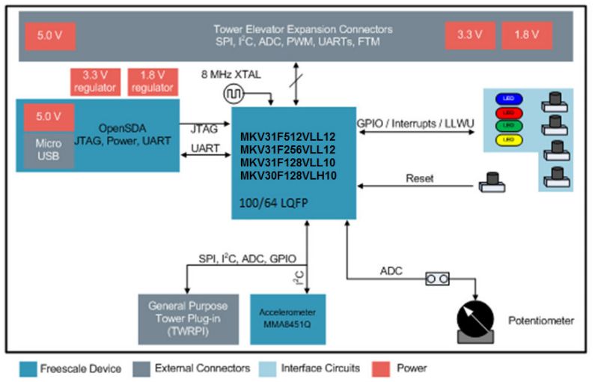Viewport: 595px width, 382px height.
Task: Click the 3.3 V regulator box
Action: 94,82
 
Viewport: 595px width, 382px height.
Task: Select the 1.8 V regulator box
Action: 153,82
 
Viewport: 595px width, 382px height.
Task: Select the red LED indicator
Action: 507,112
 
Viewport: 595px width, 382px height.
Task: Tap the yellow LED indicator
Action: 507,140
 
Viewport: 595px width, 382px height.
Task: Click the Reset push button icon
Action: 491,180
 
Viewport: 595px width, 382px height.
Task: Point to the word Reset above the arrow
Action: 420,178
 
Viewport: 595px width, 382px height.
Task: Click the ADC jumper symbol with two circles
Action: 437,279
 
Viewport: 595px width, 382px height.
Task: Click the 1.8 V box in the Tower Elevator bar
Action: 528,34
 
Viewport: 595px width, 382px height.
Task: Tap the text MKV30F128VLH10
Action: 288,176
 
